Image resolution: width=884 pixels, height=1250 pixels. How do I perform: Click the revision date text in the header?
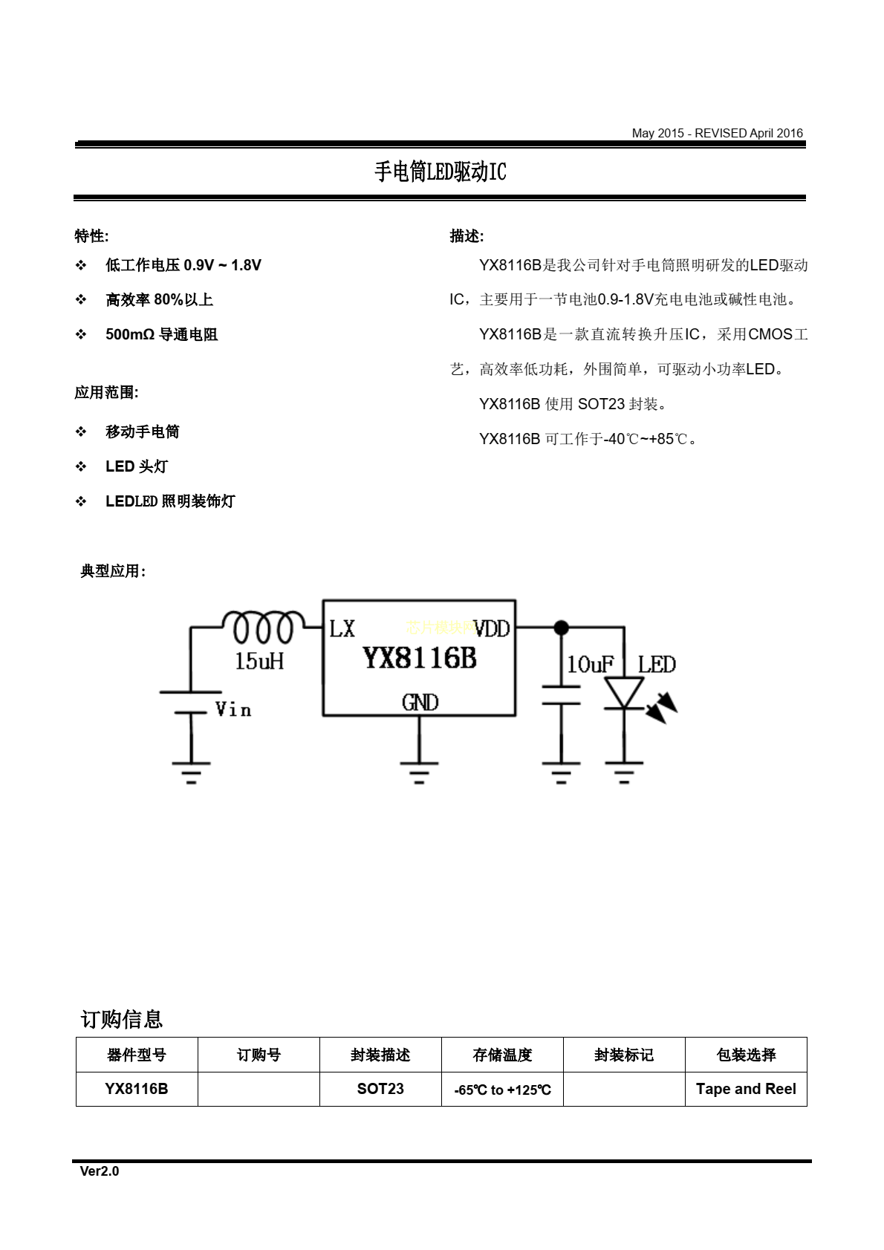pos(717,133)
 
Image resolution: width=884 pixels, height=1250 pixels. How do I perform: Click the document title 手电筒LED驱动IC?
pos(441,172)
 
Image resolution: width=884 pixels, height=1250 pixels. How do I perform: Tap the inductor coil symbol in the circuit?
pos(264,628)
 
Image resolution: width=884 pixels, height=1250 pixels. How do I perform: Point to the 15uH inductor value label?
pos(259,661)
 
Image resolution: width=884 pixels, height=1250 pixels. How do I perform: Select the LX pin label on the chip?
pos(342,629)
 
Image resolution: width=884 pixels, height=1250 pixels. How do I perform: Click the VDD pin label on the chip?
pos(492,629)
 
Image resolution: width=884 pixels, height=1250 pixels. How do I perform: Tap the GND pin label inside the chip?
pos(420,702)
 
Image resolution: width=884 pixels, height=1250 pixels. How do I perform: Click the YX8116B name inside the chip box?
pos(420,658)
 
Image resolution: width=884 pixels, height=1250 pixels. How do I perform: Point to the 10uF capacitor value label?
pos(590,664)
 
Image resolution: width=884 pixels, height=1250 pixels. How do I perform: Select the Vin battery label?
pos(233,709)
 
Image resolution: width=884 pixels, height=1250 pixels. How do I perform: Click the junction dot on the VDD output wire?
pos(562,628)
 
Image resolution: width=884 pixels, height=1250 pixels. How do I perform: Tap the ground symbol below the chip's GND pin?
pos(419,772)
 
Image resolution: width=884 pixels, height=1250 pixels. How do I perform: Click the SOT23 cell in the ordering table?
pos(380,1089)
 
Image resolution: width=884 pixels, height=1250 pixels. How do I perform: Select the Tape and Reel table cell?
pos(746,1089)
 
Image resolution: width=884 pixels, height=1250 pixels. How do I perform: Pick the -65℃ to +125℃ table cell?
pos(502,1089)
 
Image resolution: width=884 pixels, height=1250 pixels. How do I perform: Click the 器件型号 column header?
pos(137,1055)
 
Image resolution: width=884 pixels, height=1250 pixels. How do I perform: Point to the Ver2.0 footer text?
pos(100,1171)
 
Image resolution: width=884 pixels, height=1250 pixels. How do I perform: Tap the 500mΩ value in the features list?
pos(130,334)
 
